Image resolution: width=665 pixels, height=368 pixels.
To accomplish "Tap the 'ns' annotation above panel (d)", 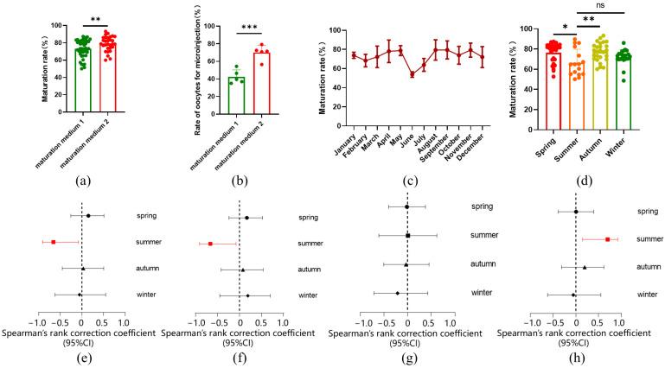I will (608, 4).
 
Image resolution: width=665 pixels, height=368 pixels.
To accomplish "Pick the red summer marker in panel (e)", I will (53, 243).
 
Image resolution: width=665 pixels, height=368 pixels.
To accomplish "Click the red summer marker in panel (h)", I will (608, 239).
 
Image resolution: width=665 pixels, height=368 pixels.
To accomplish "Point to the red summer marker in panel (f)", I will (210, 244).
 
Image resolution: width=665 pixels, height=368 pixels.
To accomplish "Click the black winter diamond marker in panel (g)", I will (397, 293).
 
